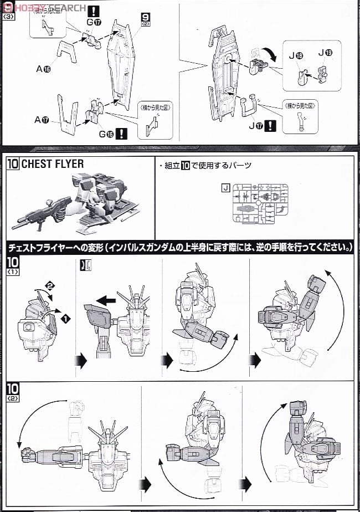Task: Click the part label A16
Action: click(43, 69)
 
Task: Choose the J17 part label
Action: click(256, 125)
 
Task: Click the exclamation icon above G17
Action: click(95, 10)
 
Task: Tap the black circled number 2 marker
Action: click(49, 285)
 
